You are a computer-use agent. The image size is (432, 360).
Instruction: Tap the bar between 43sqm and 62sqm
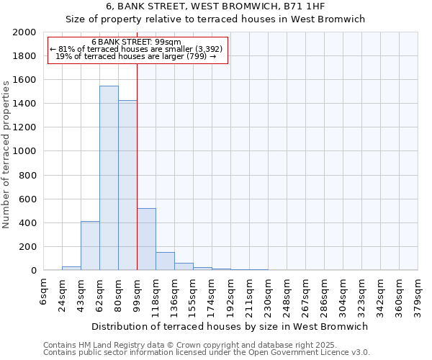pyautogui.click(x=90, y=246)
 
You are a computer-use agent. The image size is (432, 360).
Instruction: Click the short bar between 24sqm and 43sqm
pyautogui.click(x=71, y=268)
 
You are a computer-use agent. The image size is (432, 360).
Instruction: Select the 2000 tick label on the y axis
pyautogui.click(x=24, y=32)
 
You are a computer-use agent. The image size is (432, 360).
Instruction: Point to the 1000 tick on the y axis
pyautogui.click(x=24, y=151)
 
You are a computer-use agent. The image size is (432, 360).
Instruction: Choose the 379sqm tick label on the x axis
pyautogui.click(x=418, y=294)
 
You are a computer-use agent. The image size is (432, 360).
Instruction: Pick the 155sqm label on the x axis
pyautogui.click(x=194, y=294)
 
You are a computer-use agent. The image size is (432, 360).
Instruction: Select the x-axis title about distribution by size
pyautogui.click(x=230, y=326)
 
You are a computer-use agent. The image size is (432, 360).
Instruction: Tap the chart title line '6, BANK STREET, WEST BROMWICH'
pyautogui.click(x=215, y=6)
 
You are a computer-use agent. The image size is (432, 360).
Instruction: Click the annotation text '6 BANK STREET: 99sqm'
pyautogui.click(x=136, y=42)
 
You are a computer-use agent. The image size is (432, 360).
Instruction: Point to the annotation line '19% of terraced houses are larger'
pyautogui.click(x=136, y=56)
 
